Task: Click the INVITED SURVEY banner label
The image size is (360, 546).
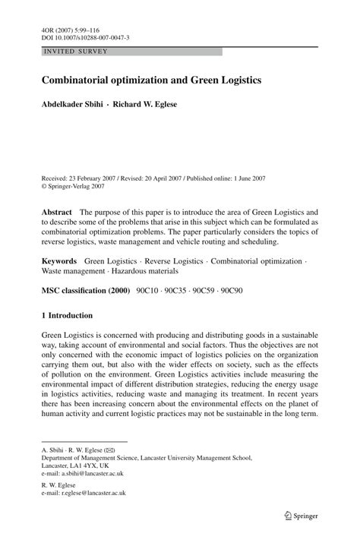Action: tap(76, 52)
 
